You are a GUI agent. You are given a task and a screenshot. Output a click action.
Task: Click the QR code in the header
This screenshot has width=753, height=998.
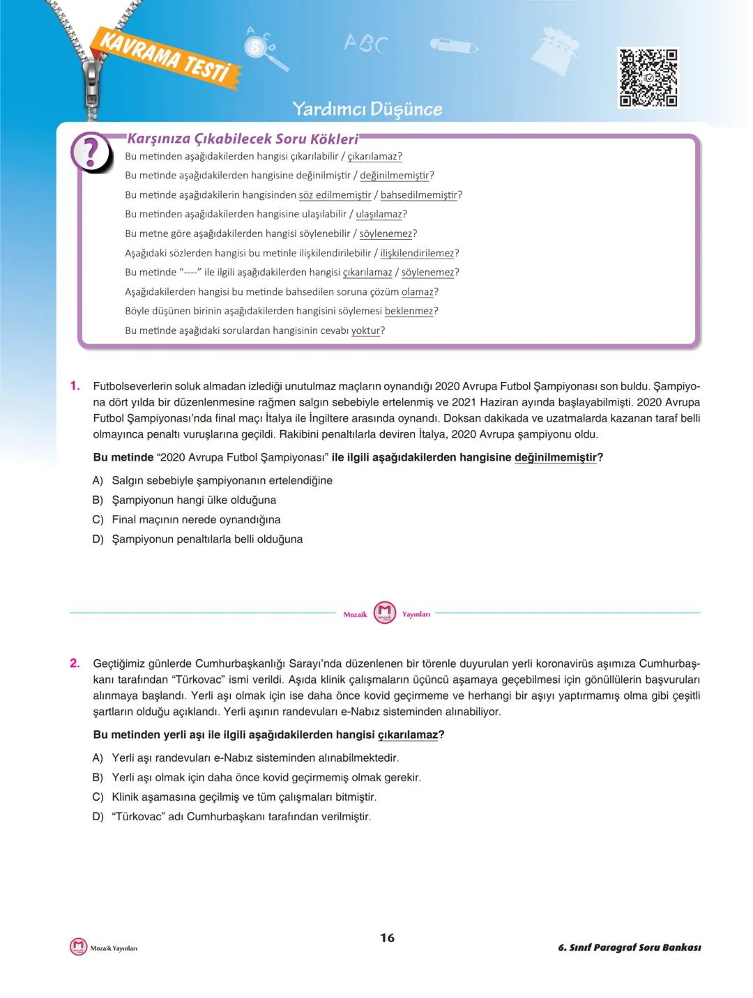click(x=648, y=77)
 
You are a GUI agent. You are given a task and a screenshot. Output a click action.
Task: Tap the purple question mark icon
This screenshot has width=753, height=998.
click(x=91, y=153)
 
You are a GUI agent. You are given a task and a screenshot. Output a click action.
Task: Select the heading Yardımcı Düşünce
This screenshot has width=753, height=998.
click(x=367, y=109)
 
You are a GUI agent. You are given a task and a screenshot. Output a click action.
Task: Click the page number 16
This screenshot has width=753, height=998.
click(x=387, y=937)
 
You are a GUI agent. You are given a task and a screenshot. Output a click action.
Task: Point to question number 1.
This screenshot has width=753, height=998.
click(x=75, y=385)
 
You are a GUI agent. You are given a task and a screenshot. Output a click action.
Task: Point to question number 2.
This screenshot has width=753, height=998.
click(x=75, y=663)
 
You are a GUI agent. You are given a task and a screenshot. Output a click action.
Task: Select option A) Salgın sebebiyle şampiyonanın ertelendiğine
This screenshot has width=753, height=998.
click(x=213, y=480)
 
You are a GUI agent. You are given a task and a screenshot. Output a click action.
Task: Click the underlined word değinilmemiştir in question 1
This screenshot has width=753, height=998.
click(x=555, y=457)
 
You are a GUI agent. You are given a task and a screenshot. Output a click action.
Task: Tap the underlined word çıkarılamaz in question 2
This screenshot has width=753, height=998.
click(x=408, y=735)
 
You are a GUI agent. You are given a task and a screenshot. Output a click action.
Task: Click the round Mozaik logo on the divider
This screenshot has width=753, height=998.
click(x=385, y=613)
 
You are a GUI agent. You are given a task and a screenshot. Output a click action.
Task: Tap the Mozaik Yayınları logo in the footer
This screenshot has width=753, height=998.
click(x=79, y=946)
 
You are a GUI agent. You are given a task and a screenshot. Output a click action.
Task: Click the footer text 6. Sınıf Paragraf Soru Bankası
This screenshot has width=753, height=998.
click(x=629, y=947)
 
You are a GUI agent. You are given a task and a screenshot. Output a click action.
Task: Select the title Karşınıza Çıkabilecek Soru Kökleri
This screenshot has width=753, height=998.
click(x=243, y=139)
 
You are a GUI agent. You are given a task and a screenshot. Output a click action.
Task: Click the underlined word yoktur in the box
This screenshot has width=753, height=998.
click(x=365, y=330)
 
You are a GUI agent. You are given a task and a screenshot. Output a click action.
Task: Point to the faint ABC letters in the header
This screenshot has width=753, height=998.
click(x=365, y=44)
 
